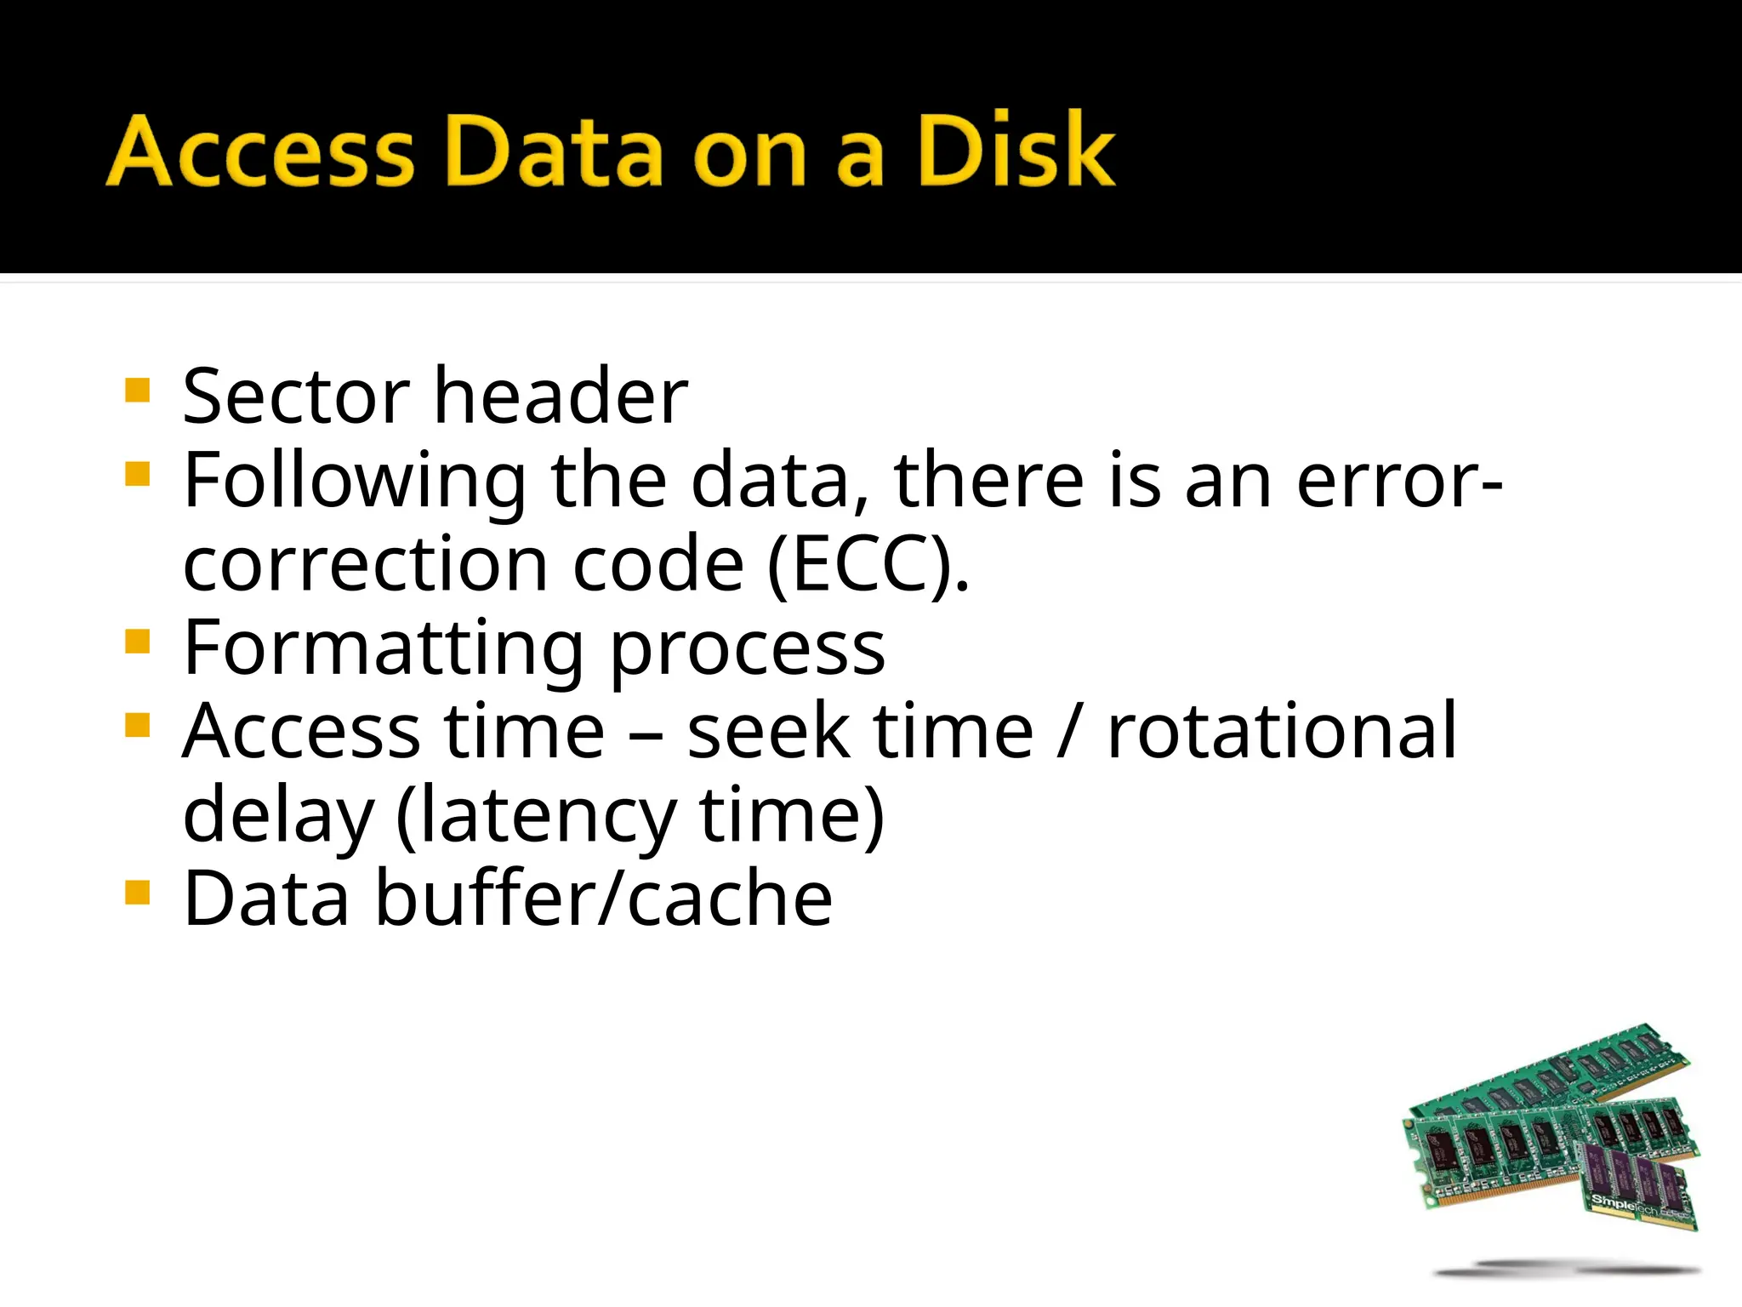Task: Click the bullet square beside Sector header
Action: tap(137, 391)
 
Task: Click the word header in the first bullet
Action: tap(561, 397)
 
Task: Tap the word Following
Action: tap(355, 482)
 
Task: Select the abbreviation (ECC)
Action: tap(868, 565)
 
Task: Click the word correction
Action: tap(366, 565)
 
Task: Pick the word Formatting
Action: tap(383, 649)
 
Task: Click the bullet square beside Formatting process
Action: tap(137, 641)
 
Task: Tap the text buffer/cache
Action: tap(604, 899)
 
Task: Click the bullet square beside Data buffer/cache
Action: tap(137, 893)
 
